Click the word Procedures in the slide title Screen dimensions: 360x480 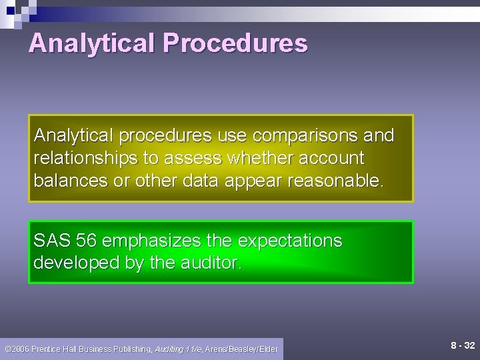pyautogui.click(x=235, y=44)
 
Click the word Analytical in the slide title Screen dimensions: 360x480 pyautogui.click(x=92, y=44)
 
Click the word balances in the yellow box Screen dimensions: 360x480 pyautogui.click(x=69, y=181)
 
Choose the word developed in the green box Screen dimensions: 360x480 pyautogui.click(x=77, y=263)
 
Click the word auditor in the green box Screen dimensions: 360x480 pyautogui.click(x=211, y=263)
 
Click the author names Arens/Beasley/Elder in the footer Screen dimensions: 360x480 pyautogui.click(x=241, y=349)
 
